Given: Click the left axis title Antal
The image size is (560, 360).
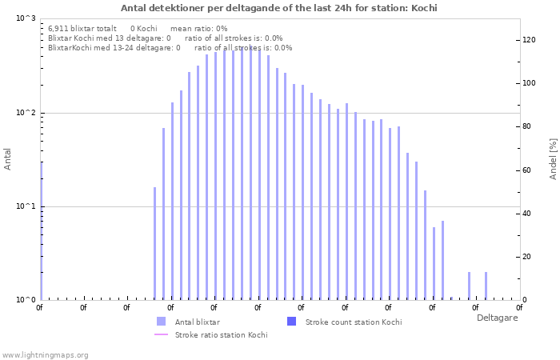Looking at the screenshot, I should point(8,159).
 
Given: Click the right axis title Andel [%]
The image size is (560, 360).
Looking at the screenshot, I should point(553,158).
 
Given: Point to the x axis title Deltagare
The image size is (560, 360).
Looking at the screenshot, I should point(497,318).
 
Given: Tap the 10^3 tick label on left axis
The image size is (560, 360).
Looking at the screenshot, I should point(26,18).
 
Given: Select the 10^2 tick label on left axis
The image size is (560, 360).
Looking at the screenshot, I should point(26,113).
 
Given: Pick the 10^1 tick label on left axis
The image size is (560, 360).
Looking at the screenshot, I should point(26,206).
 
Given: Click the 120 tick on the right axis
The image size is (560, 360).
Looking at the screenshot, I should point(529,40).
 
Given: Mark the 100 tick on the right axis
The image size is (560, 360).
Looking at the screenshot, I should point(529,83).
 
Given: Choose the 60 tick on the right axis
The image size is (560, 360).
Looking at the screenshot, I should point(528,170).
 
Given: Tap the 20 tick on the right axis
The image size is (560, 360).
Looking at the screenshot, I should point(528,257).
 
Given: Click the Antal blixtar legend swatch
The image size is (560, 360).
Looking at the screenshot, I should point(162,322).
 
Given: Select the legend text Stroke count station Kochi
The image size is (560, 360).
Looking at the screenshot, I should point(354,322).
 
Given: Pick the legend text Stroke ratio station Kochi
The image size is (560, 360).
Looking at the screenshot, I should point(221,334).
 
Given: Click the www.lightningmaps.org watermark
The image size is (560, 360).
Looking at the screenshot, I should point(45,354).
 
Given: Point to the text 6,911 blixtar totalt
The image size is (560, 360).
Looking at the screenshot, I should point(82,28).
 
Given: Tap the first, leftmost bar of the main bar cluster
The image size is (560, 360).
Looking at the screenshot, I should point(155,244).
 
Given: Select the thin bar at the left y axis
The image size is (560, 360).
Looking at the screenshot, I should point(41,232).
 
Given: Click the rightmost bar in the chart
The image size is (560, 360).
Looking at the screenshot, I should point(486,286).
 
